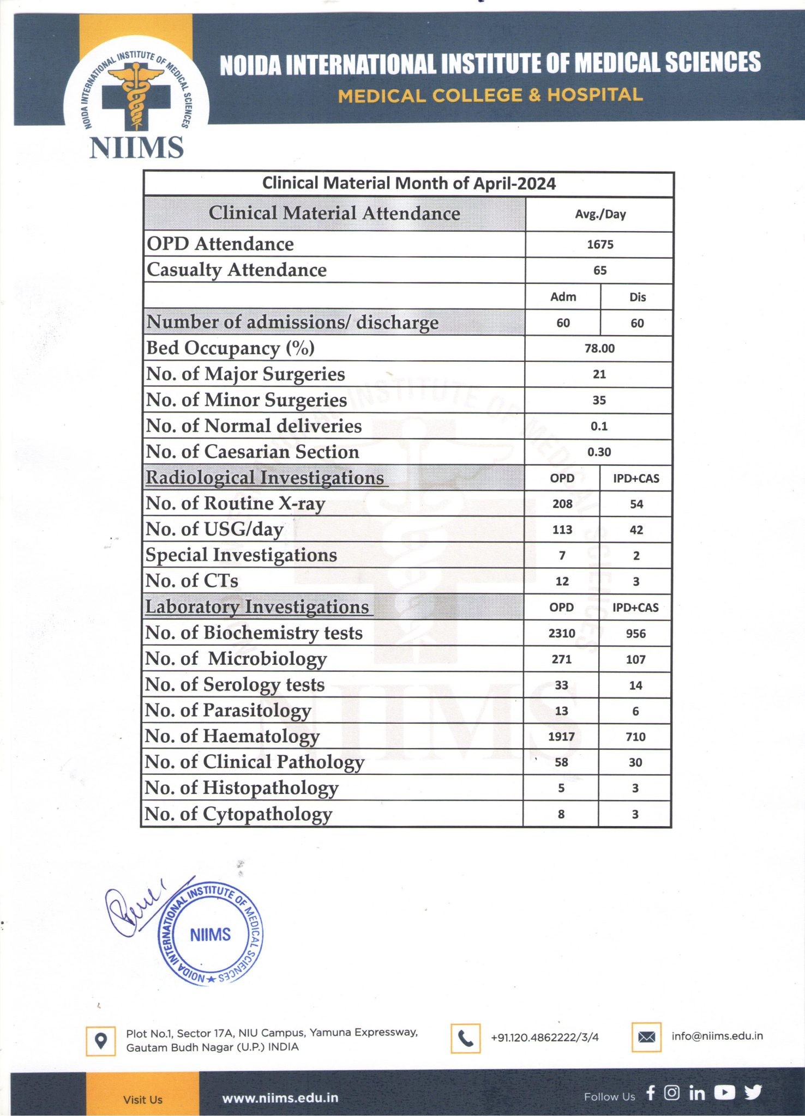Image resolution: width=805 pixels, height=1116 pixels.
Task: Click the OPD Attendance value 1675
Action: click(600, 245)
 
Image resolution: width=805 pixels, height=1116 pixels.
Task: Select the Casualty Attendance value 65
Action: click(600, 270)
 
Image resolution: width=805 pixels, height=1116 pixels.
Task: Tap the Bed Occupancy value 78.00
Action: click(599, 348)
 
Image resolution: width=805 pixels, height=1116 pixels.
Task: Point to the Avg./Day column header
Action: click(600, 214)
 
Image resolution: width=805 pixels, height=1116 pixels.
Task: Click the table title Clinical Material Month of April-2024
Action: click(408, 184)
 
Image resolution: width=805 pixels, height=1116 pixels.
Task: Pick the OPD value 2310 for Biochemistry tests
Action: click(562, 633)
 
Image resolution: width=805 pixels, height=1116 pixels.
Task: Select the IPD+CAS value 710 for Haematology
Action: click(635, 737)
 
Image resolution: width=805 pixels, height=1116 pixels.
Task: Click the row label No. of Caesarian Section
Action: click(253, 452)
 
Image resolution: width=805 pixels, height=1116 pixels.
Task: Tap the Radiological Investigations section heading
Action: click(265, 478)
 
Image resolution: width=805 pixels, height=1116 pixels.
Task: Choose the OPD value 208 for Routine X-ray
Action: click(562, 504)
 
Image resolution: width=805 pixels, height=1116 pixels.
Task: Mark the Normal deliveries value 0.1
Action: click(599, 426)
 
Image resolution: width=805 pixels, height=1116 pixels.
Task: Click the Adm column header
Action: click(563, 297)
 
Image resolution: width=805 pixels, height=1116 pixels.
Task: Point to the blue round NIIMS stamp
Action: click(211, 935)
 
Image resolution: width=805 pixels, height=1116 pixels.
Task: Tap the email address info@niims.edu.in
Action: click(717, 1036)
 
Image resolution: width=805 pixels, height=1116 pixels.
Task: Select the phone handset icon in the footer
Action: click(465, 1038)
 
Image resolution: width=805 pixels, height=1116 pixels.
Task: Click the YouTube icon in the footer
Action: click(724, 1093)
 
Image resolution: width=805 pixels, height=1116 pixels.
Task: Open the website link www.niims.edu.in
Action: click(280, 1098)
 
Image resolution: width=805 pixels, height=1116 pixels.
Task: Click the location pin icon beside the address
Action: click(101, 1041)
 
